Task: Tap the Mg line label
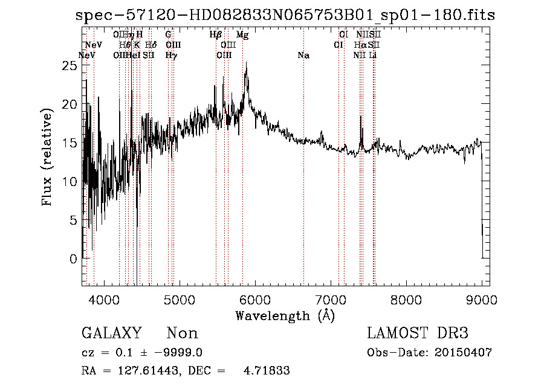242,35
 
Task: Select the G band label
168,35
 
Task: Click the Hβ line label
216,35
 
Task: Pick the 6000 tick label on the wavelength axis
254,298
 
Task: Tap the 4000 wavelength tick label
103,298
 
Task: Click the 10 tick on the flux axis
71,181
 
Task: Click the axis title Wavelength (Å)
285,315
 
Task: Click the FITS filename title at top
285,15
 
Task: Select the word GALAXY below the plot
111,333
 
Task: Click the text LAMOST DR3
418,333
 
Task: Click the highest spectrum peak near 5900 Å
246,63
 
